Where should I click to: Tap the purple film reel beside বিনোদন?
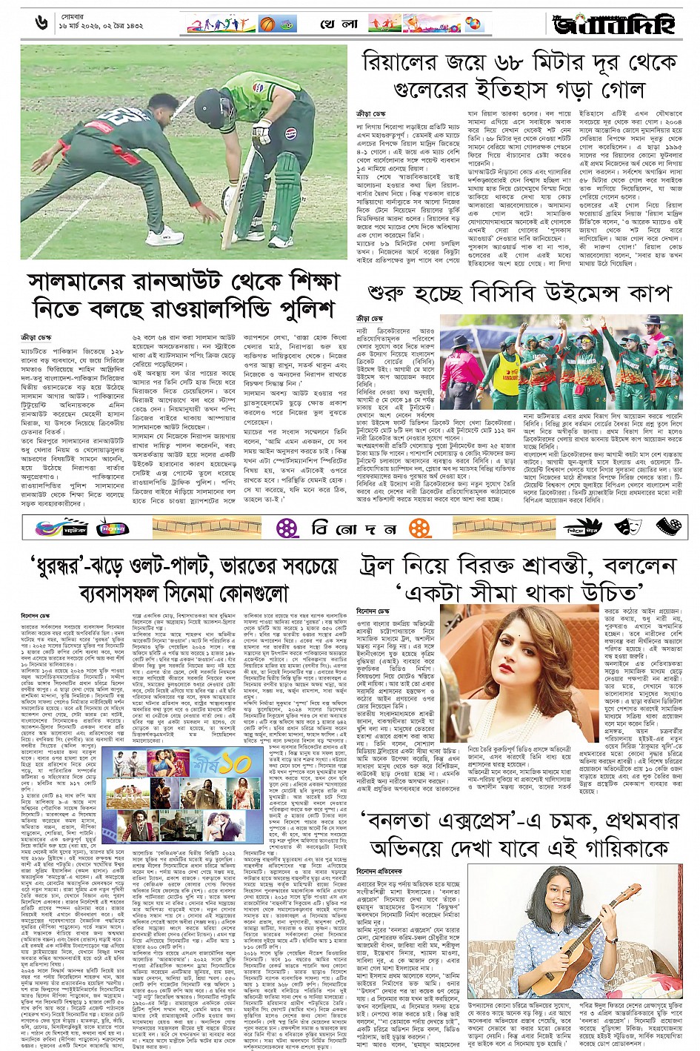click(x=287, y=528)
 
